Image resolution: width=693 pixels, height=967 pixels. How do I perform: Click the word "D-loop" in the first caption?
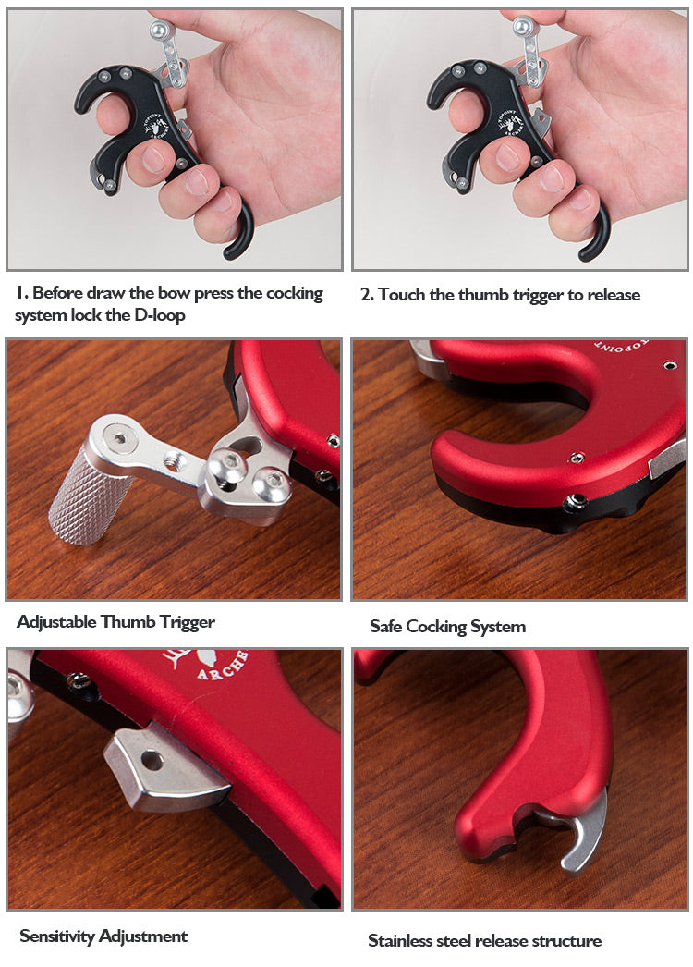click(160, 315)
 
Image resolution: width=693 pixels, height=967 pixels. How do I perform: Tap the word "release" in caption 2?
click(613, 295)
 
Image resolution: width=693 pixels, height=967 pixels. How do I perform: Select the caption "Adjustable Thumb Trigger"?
click(115, 621)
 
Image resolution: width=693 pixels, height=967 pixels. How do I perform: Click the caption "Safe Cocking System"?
click(447, 627)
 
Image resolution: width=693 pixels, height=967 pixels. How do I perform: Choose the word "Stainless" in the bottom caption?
click(400, 940)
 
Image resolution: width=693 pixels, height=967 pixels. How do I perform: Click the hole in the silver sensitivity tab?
click(152, 761)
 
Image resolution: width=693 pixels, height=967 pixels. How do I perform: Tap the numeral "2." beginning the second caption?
click(367, 295)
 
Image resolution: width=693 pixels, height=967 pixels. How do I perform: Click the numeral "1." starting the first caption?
click(21, 292)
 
